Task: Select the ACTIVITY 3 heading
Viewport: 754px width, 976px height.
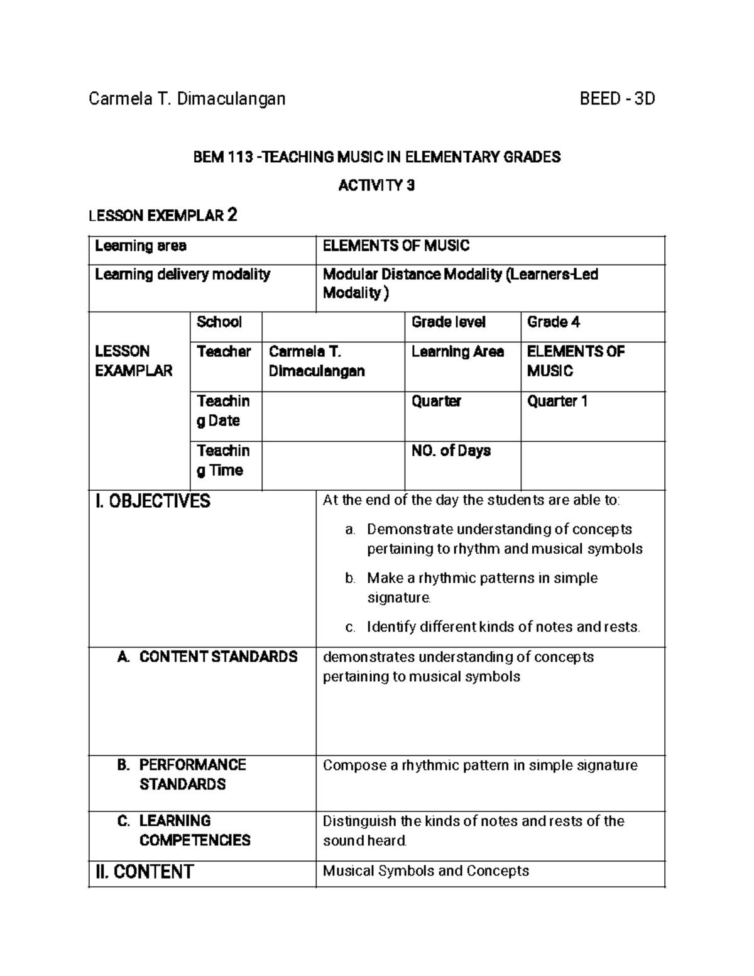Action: click(x=376, y=186)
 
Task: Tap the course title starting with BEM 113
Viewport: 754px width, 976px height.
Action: click(x=376, y=157)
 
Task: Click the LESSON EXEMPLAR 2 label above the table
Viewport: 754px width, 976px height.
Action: click(x=163, y=216)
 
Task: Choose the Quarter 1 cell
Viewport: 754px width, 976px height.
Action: click(x=557, y=401)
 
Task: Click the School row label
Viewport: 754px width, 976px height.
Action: click(x=219, y=322)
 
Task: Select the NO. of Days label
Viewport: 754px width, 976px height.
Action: click(x=451, y=451)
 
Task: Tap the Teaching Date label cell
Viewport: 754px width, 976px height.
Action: click(x=223, y=411)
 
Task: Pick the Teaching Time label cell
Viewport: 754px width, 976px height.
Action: click(x=223, y=461)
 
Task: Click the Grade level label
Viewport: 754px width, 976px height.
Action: click(x=448, y=322)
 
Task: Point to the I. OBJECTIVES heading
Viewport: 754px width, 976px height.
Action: click(x=153, y=502)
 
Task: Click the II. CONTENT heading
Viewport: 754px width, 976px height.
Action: click(x=144, y=872)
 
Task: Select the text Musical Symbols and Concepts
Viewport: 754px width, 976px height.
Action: click(x=425, y=871)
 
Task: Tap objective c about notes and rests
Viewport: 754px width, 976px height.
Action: click(x=503, y=627)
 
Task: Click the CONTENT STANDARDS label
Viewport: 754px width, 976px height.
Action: click(x=217, y=657)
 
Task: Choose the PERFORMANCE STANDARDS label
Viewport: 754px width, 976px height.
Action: click(x=192, y=774)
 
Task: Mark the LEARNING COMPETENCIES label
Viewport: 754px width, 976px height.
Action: click(x=194, y=830)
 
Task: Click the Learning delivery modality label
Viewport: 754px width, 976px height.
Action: click(x=182, y=275)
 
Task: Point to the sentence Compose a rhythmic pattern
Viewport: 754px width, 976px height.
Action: click(x=480, y=765)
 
